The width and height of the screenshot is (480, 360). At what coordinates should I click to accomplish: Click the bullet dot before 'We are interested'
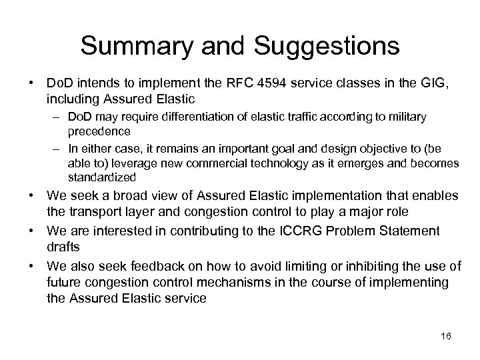click(31, 231)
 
